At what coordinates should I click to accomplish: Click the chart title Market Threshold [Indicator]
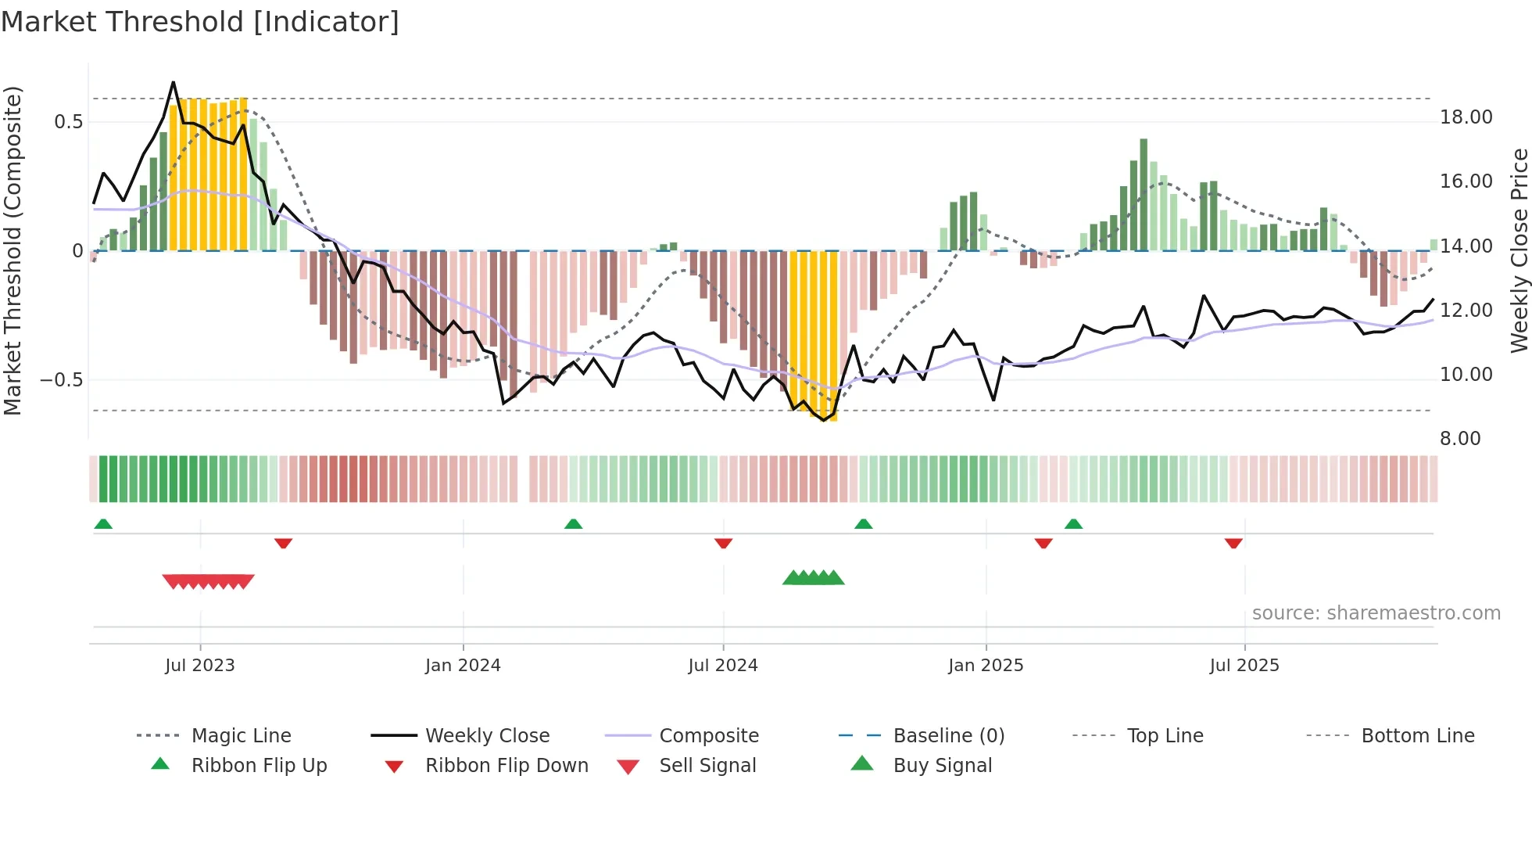coord(200,22)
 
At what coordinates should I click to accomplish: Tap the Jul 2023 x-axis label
coord(200,666)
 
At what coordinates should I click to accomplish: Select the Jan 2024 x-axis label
coord(463,666)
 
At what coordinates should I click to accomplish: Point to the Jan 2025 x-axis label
coord(986,666)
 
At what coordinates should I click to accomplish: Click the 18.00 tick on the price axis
coord(1466,117)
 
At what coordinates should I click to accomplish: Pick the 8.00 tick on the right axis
coord(1460,439)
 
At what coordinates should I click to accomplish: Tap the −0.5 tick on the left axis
coord(61,380)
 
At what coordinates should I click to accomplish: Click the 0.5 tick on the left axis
coord(68,122)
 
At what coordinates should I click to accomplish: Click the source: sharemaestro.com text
coord(1376,613)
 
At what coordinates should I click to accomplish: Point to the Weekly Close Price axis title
coord(1519,250)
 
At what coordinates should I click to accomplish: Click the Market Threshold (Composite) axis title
coord(13,250)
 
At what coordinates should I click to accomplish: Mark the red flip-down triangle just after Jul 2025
coord(1233,543)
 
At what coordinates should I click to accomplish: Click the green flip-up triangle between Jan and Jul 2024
coord(573,524)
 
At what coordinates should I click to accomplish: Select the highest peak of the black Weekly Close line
coord(174,82)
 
